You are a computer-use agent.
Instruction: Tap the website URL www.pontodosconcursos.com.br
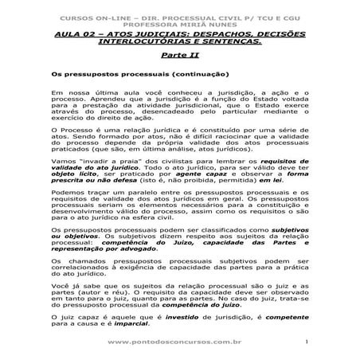184,343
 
